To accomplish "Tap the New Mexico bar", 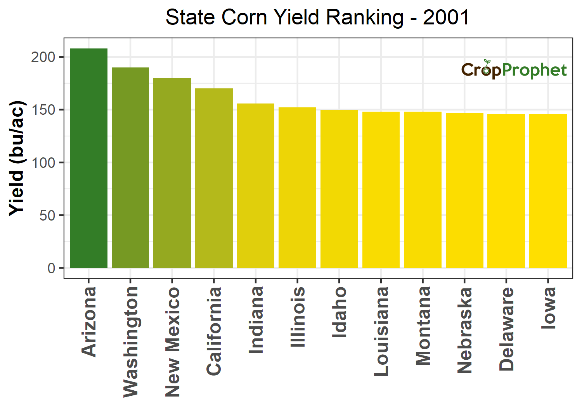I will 172,173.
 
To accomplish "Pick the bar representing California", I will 214,178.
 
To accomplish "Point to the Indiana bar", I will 256,186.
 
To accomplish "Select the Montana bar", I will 423,190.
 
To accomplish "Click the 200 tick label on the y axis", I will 43,57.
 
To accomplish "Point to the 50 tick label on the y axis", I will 47,216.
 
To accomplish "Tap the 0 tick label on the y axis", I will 52,268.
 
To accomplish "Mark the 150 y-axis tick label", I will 43,110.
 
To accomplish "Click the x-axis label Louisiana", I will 381,331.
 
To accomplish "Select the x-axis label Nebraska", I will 464,330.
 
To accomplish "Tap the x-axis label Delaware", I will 506,329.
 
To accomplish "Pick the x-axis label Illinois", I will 298,317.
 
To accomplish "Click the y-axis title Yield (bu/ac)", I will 17,158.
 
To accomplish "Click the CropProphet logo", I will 514,70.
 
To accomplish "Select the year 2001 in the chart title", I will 446,17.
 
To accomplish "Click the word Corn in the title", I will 244,17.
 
